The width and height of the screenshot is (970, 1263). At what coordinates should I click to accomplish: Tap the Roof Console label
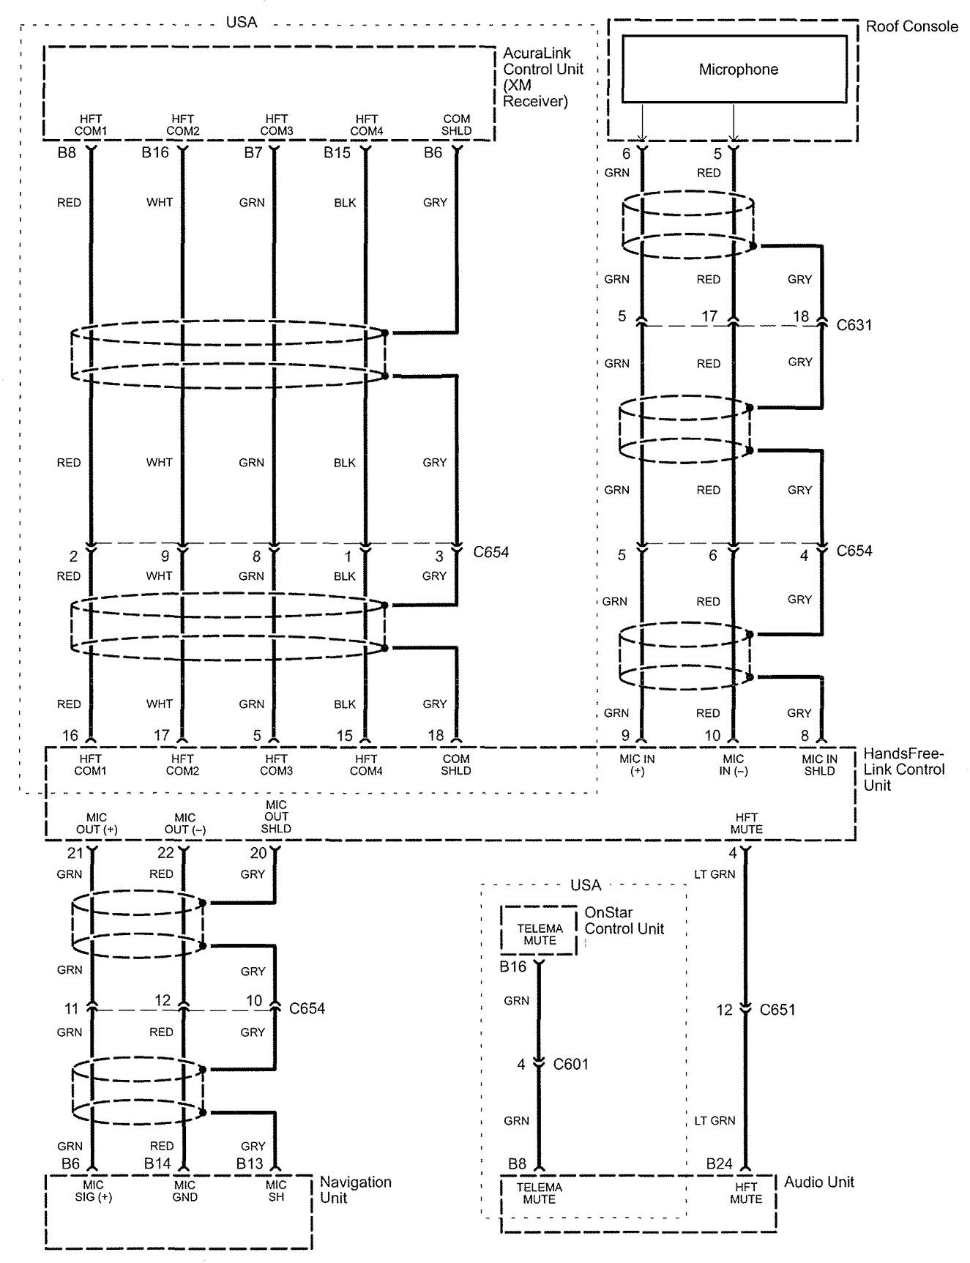911,27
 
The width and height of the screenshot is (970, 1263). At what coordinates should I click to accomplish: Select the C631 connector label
854,324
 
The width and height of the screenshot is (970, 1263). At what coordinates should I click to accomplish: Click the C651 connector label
777,1010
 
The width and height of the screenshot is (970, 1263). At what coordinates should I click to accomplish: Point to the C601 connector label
570,1064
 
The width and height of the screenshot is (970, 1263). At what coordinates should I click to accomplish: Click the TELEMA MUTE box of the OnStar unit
540,934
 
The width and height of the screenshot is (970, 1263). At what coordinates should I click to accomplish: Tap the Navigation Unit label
355,1190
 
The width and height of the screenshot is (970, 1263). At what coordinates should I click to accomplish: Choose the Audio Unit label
818,1182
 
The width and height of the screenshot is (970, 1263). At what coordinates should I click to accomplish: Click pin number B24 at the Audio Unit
719,1163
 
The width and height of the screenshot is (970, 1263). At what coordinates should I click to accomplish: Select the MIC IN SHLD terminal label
819,765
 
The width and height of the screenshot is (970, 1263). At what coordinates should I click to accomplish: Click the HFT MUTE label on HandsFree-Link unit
746,823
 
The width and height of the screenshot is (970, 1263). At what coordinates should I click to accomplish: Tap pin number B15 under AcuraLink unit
337,153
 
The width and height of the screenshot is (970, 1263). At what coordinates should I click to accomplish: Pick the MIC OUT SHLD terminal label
276,816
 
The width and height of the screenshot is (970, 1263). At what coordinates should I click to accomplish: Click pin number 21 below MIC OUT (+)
75,853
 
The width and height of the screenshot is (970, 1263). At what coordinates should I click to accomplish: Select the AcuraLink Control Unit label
542,77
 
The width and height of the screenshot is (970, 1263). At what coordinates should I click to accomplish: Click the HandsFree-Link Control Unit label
903,769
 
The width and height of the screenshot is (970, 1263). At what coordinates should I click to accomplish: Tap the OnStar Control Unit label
624,921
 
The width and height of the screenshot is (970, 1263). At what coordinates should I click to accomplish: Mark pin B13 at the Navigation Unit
249,1163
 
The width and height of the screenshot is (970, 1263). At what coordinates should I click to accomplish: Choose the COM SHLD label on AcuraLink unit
457,124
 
